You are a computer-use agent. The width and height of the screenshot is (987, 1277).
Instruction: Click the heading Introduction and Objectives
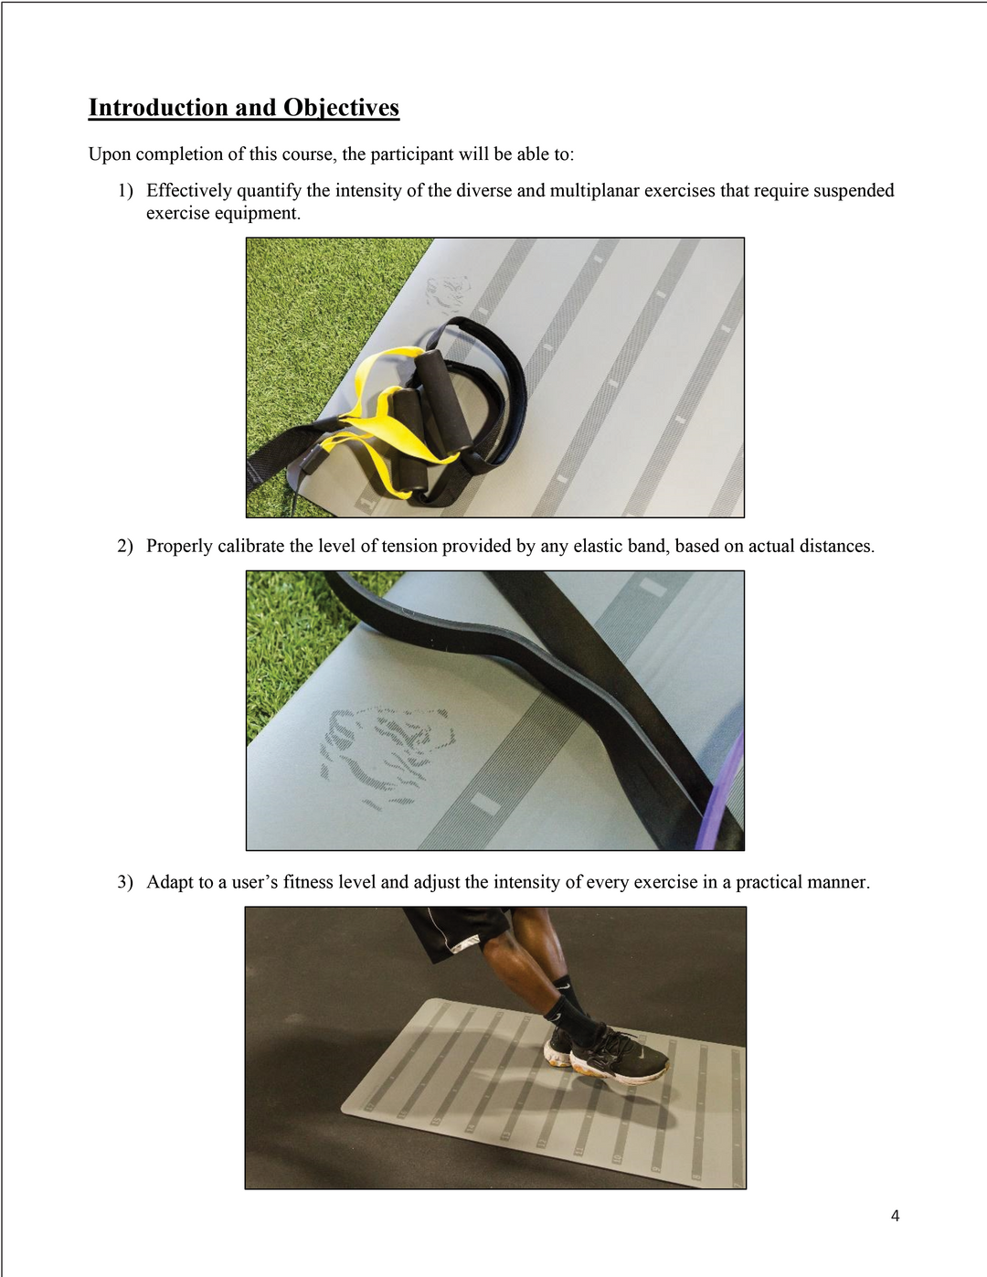pyautogui.click(x=243, y=108)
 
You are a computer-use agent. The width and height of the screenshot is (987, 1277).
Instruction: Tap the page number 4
pyautogui.click(x=895, y=1215)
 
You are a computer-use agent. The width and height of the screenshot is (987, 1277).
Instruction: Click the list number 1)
pyautogui.click(x=125, y=190)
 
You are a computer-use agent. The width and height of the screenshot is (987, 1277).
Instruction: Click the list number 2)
pyautogui.click(x=125, y=546)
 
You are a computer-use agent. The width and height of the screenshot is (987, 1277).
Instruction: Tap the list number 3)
pyautogui.click(x=125, y=882)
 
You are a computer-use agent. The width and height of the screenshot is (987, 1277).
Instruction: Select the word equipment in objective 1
pyautogui.click(x=257, y=213)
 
